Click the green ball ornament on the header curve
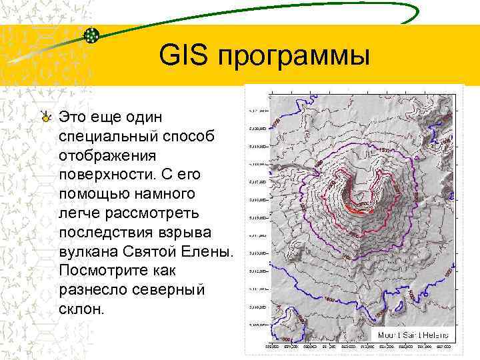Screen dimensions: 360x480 point(93,35)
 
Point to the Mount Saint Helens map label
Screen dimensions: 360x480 point(413,335)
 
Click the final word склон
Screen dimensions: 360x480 point(81,311)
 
